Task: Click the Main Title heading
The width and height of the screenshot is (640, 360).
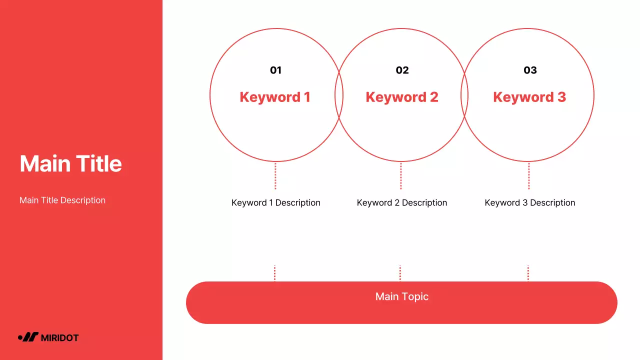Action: point(70,163)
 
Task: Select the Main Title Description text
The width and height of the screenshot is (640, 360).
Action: point(62,200)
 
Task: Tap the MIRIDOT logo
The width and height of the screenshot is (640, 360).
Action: point(48,337)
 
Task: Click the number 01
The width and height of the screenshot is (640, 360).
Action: point(275,70)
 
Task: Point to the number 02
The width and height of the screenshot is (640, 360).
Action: point(402,70)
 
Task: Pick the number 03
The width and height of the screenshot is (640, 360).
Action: point(530,70)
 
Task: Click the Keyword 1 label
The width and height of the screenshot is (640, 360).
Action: point(275,97)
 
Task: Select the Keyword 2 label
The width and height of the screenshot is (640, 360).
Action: point(402,97)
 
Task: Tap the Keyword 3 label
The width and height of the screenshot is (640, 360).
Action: point(529,97)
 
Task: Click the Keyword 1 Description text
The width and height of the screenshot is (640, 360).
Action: point(276,202)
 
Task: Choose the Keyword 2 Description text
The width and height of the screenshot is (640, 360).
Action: point(402,202)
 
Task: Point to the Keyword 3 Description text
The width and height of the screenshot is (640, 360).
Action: point(530,202)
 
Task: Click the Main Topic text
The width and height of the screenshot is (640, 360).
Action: point(402,296)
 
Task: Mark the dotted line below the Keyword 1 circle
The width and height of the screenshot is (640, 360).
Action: point(275,176)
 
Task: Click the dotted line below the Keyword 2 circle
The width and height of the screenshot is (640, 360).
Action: point(400,176)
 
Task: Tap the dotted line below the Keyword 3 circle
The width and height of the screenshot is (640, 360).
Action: point(528,176)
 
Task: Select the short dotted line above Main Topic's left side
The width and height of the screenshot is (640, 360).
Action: point(274,273)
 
